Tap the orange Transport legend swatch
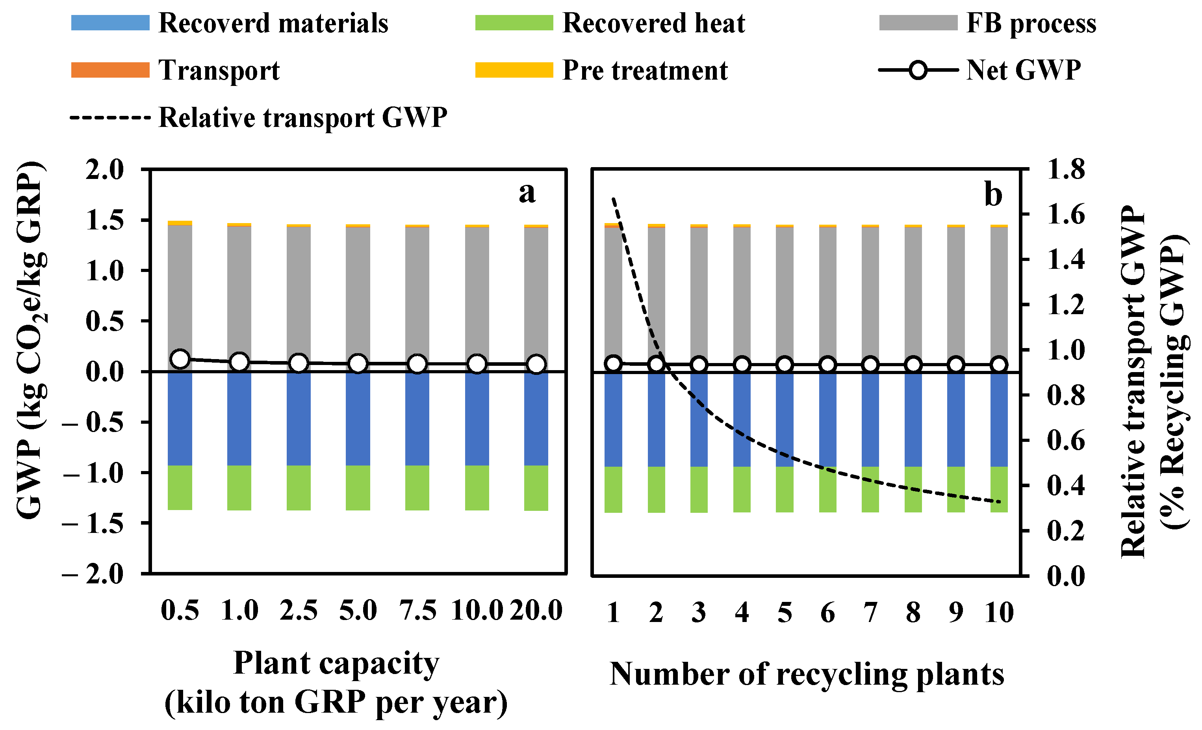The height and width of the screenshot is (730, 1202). [x=110, y=70]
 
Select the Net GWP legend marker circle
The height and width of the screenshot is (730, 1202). [x=918, y=70]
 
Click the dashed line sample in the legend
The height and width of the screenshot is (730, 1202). [x=110, y=117]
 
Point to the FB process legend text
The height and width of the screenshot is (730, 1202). [x=1031, y=23]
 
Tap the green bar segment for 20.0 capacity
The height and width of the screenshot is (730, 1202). [x=536, y=488]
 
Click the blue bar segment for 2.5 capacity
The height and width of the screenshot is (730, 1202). [x=299, y=419]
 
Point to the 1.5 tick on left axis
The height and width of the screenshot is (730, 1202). [x=105, y=220]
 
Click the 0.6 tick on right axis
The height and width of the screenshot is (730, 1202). [x=1066, y=440]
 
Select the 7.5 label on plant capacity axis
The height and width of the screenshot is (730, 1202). [x=417, y=610]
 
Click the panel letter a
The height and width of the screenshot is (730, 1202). [x=527, y=192]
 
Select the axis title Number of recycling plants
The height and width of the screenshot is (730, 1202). [x=806, y=674]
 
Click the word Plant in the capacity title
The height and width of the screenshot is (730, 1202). [x=272, y=663]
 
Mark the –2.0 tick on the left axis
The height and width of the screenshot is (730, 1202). [x=94, y=574]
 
